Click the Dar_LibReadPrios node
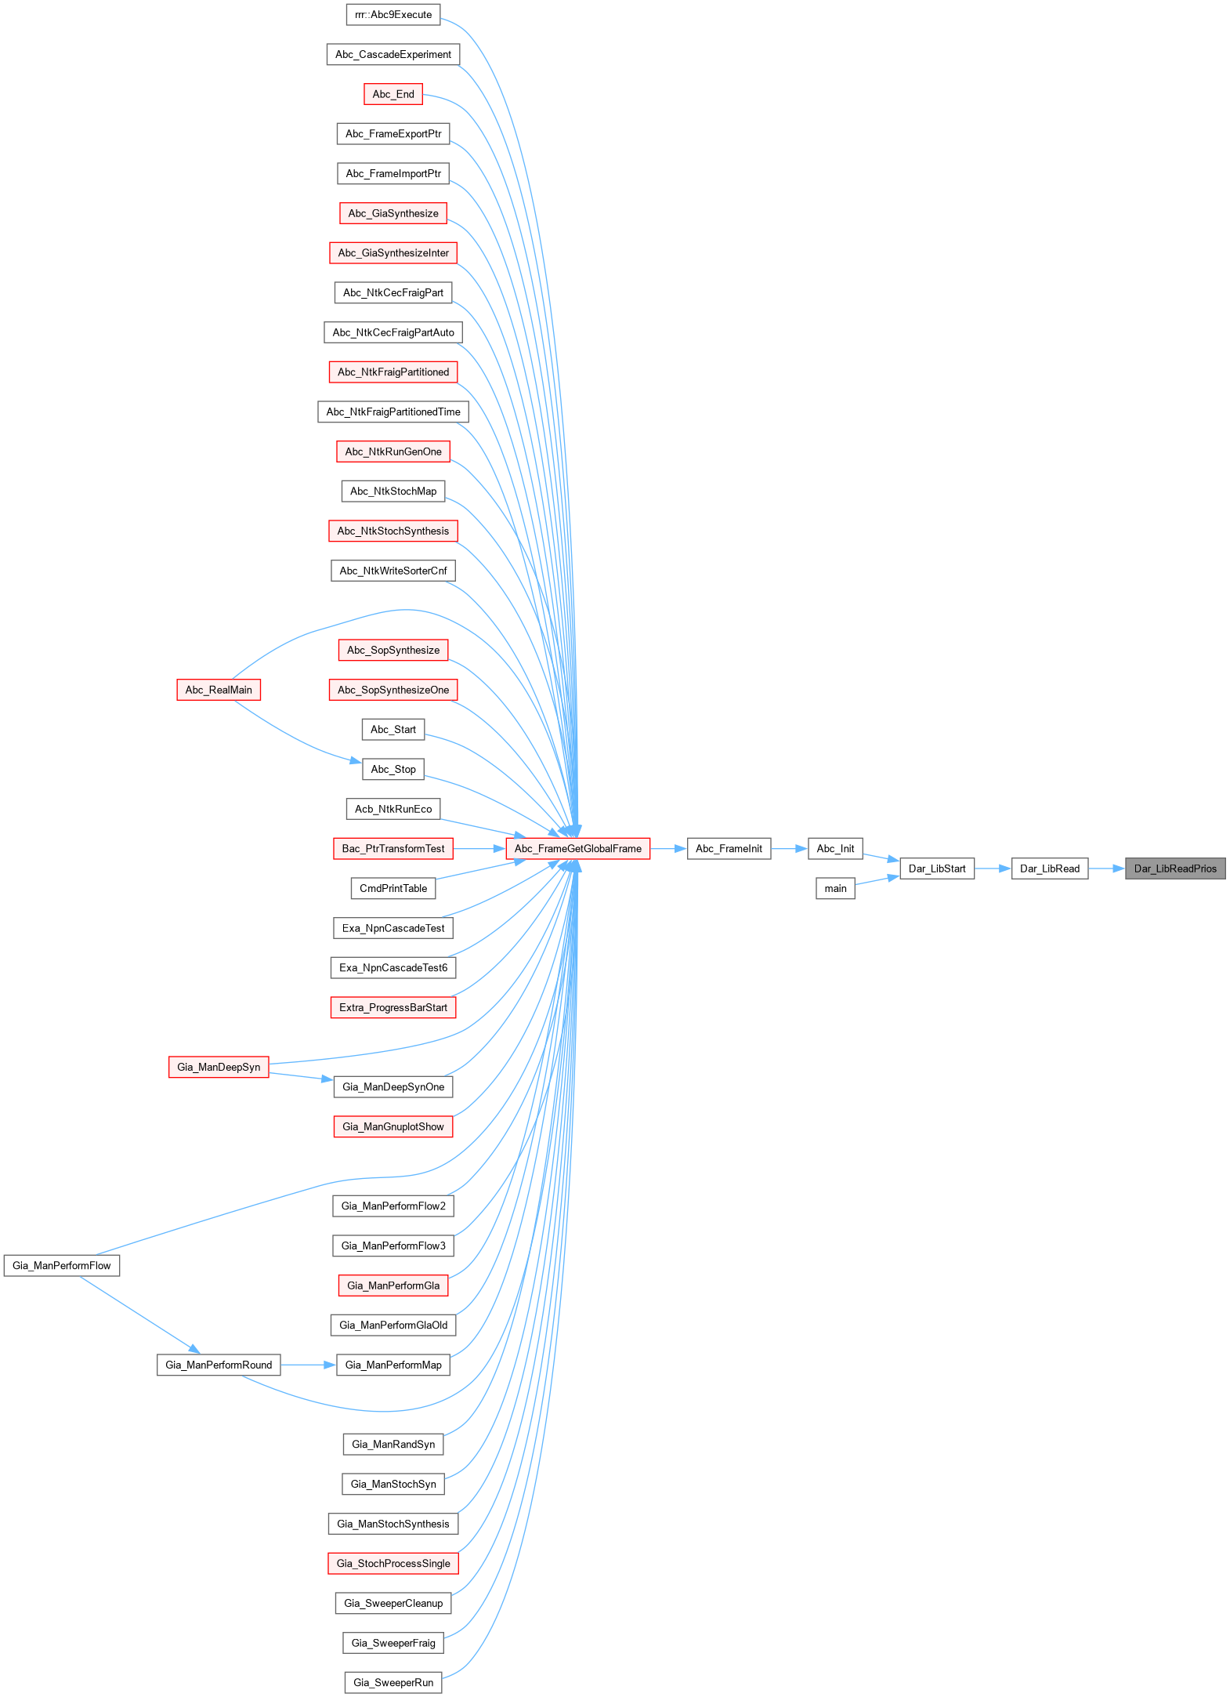pos(1175,868)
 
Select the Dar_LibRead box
pos(1049,868)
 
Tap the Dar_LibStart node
pos(937,868)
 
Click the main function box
pos(835,888)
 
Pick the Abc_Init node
pos(835,848)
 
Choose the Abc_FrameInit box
pos(729,848)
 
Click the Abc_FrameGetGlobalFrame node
pos(577,848)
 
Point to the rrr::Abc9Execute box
pos(393,14)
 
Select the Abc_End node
pos(393,94)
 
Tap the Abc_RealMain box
pos(219,690)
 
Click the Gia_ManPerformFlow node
pos(62,1265)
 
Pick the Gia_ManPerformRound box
pos(219,1365)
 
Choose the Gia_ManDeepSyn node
pos(219,1067)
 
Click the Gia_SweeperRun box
pos(393,1682)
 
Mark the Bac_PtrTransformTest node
pos(393,848)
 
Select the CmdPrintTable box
pos(393,888)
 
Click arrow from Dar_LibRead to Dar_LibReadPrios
pos(1106,868)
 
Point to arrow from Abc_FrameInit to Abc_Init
pos(789,848)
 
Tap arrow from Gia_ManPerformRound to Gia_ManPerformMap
pos(308,1365)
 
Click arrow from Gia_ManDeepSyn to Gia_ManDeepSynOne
pos(301,1077)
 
